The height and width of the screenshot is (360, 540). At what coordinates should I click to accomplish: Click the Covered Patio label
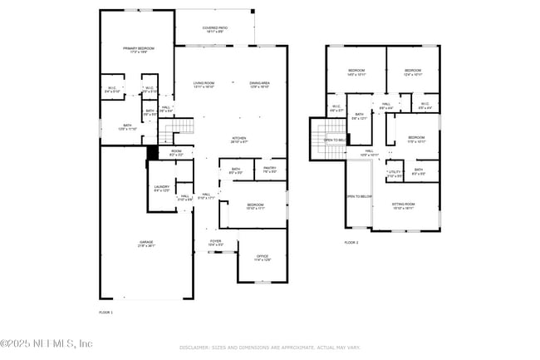pos(215,29)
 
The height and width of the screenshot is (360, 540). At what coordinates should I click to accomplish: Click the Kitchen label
pos(238,140)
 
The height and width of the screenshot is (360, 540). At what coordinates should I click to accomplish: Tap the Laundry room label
pos(161,189)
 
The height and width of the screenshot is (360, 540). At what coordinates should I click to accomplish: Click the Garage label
pos(145,244)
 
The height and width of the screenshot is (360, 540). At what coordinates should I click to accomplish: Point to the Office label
pos(262,258)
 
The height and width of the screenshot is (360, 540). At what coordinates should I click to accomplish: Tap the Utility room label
pos(395,174)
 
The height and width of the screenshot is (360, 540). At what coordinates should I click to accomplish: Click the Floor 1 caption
pos(106,312)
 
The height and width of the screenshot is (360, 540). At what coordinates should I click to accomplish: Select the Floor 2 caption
pos(351,243)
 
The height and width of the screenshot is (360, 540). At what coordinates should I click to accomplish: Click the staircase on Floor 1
pos(184,128)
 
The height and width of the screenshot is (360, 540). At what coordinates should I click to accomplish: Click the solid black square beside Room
pos(152,152)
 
